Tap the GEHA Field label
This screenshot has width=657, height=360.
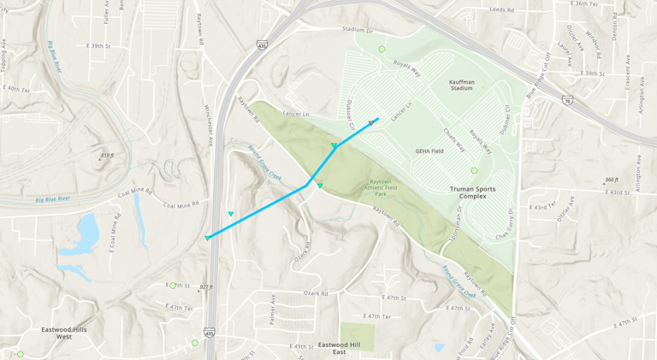pos(429,150)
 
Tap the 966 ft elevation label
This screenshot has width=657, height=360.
pos(611,180)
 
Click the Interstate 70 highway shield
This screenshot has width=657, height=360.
pos(567,100)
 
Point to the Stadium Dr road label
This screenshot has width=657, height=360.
pos(358,30)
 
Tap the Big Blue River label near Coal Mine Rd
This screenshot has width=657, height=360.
pos(53,199)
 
